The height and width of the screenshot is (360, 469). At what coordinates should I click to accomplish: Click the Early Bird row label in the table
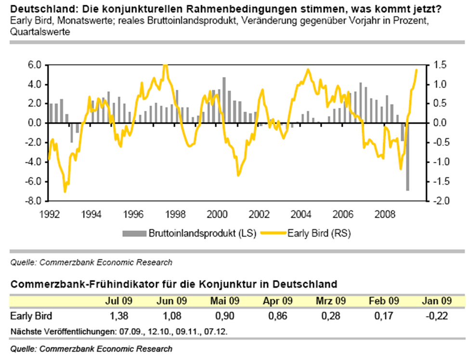click(30, 316)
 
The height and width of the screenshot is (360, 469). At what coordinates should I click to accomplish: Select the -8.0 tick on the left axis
click(36, 201)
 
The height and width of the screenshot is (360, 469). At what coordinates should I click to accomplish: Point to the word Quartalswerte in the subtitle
click(39, 33)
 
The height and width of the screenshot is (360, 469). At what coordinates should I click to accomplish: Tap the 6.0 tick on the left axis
click(37, 65)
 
